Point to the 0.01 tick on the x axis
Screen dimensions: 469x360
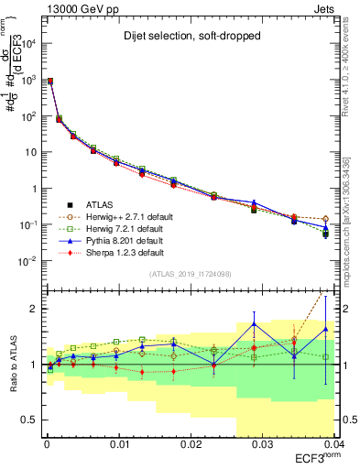point(119,444)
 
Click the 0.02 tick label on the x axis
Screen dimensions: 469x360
point(191,444)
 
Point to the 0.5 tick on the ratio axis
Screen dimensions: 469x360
point(30,420)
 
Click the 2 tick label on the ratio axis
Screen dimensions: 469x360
point(35,309)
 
